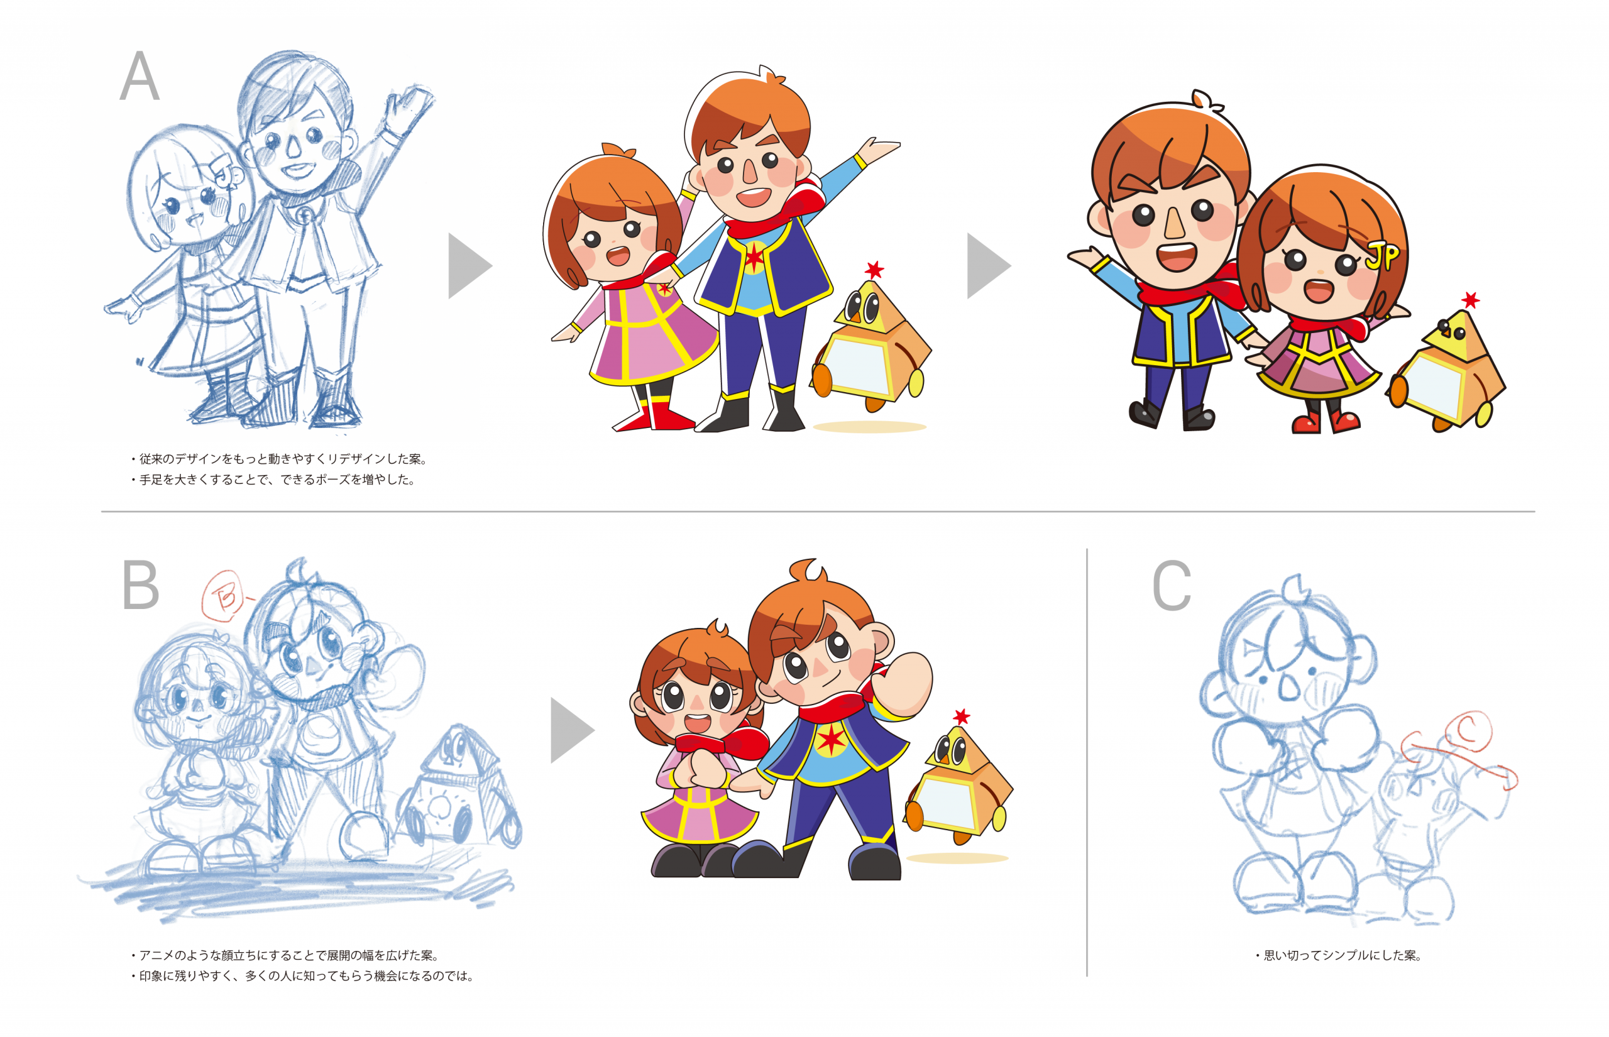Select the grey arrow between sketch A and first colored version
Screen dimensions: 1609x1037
click(470, 265)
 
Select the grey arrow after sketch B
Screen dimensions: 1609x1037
click(571, 730)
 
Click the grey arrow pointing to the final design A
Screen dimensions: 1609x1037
click(987, 265)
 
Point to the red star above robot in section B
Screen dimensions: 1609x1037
click(962, 716)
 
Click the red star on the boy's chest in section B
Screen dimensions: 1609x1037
click(831, 739)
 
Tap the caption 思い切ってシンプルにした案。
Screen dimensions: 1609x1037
click(1341, 955)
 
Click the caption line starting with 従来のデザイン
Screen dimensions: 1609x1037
click(280, 459)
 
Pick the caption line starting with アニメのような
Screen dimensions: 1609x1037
click(285, 955)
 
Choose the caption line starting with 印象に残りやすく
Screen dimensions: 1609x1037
click(303, 975)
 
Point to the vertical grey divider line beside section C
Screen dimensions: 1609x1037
click(1087, 762)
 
